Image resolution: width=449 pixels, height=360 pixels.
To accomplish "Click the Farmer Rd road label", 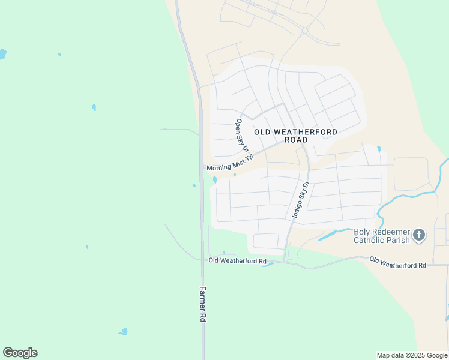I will pos(202,304).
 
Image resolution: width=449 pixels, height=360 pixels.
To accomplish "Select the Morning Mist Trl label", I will pos(231,163).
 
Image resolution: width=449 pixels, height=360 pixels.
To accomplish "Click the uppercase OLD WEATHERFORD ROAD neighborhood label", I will pos(295,136).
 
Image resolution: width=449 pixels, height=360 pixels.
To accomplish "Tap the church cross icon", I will pos(419,235).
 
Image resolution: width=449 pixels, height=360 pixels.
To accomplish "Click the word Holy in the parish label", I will pos(362,232).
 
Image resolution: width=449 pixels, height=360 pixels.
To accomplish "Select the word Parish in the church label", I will pos(398,240).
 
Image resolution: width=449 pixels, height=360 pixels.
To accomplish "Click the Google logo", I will pos(20,353).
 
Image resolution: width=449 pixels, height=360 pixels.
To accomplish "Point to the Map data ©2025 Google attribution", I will pos(412,355).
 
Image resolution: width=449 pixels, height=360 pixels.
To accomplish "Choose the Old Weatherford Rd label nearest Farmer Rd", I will pos(237,260).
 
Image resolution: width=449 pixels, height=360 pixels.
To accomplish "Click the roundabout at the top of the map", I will pos(305,30).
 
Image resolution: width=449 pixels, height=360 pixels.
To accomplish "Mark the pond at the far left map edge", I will pos(2,54).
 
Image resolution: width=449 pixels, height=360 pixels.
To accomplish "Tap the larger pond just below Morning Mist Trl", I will pos(215,179).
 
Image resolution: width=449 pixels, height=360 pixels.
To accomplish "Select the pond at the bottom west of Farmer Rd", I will pos(123,332).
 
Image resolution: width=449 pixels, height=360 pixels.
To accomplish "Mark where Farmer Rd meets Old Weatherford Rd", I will pos(202,260).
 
